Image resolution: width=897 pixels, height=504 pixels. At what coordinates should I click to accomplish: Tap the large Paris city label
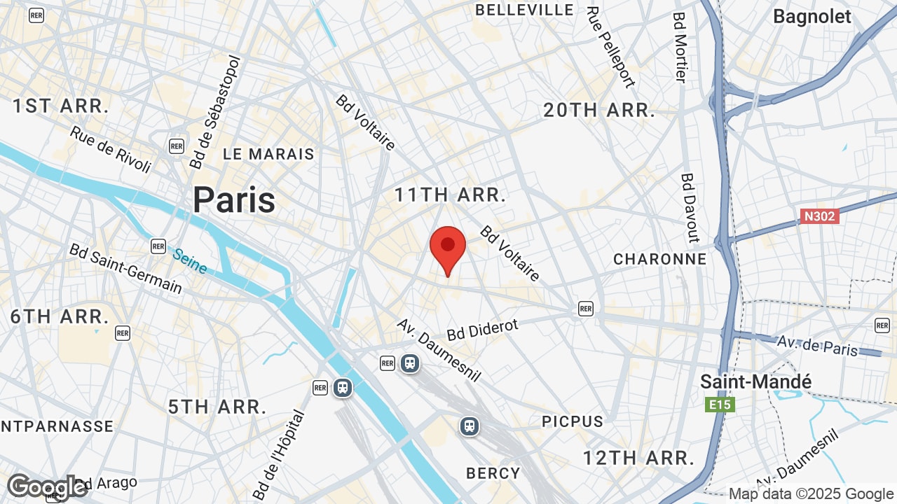point(234,200)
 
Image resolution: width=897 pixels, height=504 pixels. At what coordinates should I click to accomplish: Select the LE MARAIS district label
point(268,154)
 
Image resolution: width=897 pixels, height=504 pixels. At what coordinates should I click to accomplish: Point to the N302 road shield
point(819,216)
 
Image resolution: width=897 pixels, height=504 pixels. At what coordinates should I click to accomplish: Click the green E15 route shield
point(720,405)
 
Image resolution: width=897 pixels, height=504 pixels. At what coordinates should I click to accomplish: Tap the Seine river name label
point(190,261)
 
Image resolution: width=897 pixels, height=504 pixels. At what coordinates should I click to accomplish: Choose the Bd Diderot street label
point(483,330)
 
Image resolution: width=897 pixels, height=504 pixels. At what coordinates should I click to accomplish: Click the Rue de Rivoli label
point(111,149)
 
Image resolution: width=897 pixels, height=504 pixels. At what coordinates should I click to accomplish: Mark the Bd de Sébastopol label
point(214,112)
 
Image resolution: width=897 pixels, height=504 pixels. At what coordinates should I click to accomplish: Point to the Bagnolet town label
point(812,16)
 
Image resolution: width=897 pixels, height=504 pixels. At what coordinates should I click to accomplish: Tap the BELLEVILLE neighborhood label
point(524,10)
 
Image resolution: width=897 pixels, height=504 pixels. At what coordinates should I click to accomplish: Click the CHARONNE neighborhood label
point(659,259)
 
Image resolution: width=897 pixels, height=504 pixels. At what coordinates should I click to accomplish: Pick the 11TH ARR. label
point(450,195)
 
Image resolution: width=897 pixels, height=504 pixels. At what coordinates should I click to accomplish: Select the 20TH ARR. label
point(599,110)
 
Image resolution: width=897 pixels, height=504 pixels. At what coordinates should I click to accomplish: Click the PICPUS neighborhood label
point(573,421)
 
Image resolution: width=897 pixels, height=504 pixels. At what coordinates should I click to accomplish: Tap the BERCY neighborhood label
point(493,473)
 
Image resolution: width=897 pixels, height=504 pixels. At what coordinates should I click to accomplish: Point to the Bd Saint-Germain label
point(125,268)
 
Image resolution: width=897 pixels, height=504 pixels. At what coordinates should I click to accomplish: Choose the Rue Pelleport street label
point(610,47)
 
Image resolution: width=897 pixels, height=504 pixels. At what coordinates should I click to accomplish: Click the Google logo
point(47,486)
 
